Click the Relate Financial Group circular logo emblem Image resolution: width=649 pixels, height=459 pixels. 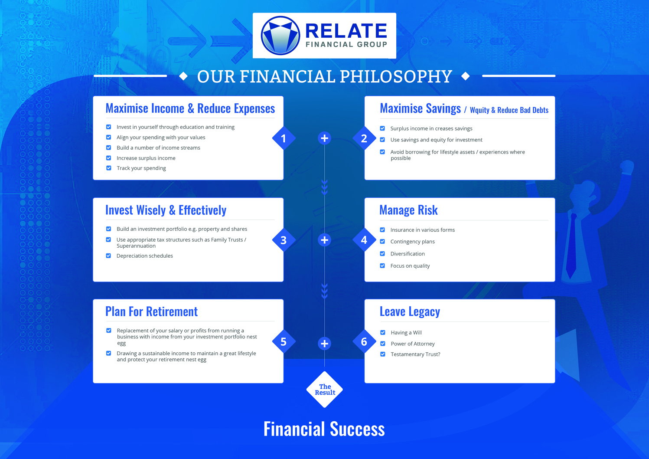click(280, 36)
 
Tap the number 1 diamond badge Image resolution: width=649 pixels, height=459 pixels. click(284, 138)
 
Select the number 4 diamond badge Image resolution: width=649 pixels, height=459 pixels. click(364, 240)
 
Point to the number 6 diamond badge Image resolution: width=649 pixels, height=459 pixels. click(364, 341)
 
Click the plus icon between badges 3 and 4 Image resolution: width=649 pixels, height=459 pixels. click(324, 240)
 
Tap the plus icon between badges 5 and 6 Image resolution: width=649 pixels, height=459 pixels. click(324, 343)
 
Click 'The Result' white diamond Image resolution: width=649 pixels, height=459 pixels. click(324, 390)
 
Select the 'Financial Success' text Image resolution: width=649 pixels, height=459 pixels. click(324, 429)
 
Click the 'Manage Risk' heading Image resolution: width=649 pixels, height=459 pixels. click(408, 210)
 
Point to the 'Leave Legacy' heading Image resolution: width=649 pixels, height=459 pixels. click(410, 311)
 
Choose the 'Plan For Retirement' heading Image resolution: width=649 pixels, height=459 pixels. click(152, 311)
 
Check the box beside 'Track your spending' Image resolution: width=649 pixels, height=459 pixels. click(109, 168)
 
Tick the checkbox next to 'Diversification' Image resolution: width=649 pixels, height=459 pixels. click(382, 254)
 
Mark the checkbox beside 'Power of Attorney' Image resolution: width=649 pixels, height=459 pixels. click(383, 344)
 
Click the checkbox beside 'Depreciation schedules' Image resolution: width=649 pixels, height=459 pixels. click(108, 256)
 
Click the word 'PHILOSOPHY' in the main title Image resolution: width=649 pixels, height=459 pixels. click(396, 76)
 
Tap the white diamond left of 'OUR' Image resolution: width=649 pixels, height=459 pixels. click(183, 76)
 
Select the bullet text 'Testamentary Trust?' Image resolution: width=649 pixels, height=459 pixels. click(415, 354)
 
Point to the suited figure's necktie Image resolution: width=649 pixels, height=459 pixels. click(572, 246)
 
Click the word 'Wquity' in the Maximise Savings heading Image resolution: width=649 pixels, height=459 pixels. click(479, 110)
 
